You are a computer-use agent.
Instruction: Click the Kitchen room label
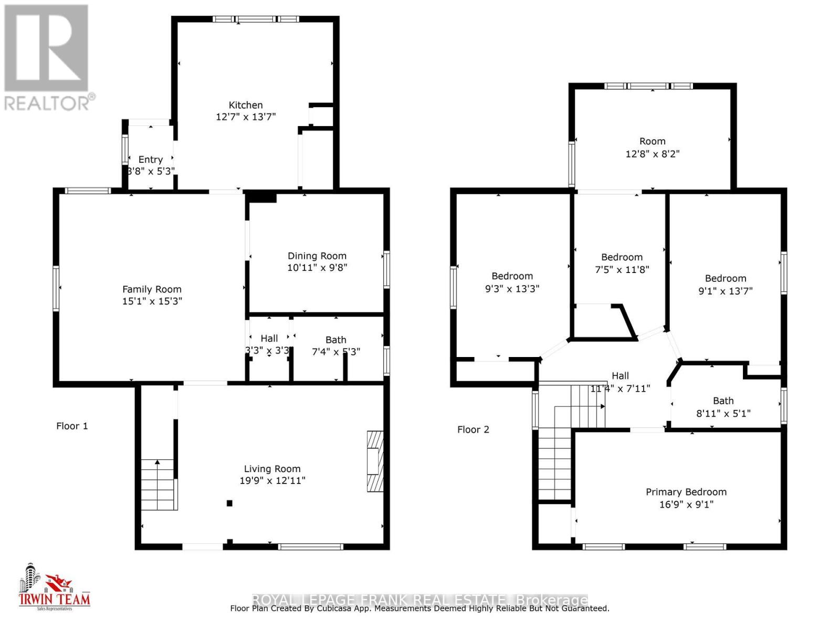(x=245, y=105)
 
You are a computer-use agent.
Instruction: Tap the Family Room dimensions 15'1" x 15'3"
(x=152, y=301)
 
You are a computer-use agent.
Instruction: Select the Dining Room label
(x=317, y=256)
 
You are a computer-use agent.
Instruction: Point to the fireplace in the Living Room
(x=375, y=461)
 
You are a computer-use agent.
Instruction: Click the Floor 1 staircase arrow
(x=157, y=462)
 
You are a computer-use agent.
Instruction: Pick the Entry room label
(x=150, y=160)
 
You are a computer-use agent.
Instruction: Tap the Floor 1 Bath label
(x=335, y=340)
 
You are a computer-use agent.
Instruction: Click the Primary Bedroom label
(x=686, y=492)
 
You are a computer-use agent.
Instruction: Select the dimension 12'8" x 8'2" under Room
(x=652, y=154)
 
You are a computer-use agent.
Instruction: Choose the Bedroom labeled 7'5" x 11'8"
(x=622, y=257)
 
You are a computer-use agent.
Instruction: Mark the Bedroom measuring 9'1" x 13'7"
(x=725, y=279)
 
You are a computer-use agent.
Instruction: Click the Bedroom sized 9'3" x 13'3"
(x=512, y=276)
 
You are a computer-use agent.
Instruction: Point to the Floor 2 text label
(x=473, y=429)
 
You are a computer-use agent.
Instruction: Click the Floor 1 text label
(x=72, y=426)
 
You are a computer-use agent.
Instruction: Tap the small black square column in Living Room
(x=229, y=503)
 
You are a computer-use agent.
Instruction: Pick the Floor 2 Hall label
(x=620, y=376)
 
